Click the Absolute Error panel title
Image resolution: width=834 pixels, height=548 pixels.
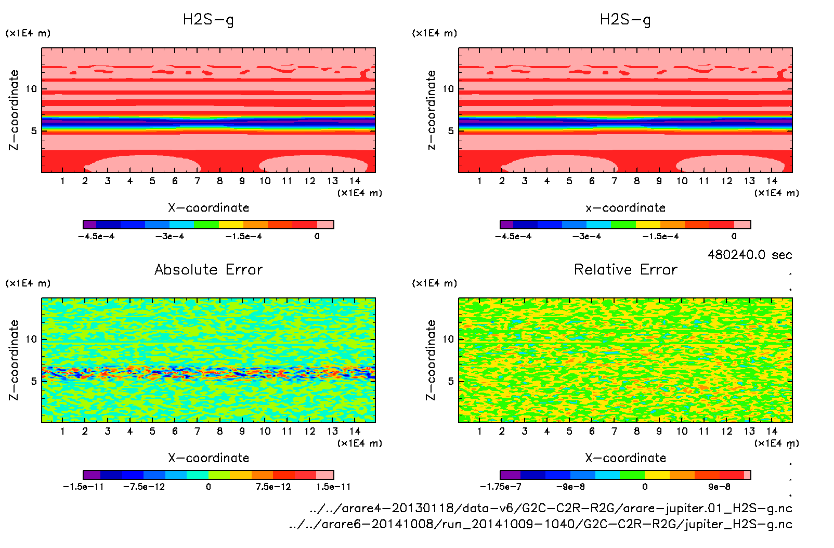(x=208, y=269)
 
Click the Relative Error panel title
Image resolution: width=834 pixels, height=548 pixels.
(x=625, y=269)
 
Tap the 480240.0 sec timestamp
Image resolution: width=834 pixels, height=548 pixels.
(x=749, y=255)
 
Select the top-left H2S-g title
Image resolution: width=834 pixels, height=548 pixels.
(x=208, y=20)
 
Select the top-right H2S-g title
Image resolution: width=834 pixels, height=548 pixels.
(x=625, y=20)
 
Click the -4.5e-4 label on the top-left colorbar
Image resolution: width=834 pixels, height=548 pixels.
(x=96, y=237)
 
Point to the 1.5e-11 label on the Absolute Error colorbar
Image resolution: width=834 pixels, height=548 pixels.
(x=333, y=487)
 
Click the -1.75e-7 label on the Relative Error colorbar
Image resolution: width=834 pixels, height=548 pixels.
(x=500, y=487)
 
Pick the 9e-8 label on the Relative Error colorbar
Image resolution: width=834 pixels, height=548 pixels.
(x=719, y=487)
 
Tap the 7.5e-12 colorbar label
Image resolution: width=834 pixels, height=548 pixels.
(x=273, y=487)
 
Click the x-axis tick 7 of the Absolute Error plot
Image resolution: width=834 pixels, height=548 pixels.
(x=197, y=431)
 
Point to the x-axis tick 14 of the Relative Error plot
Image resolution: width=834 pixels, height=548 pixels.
(x=772, y=431)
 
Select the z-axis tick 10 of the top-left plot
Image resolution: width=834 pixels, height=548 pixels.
(x=32, y=89)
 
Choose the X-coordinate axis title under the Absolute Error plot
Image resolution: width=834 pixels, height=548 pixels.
(x=208, y=458)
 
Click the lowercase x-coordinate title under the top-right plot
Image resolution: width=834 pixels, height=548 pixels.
(x=625, y=208)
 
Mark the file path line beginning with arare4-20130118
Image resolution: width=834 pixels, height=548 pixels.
(x=551, y=508)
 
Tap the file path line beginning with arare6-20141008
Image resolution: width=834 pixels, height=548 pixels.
(x=541, y=524)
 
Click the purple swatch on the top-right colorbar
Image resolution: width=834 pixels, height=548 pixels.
(x=506, y=225)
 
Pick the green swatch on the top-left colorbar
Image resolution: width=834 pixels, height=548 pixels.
(x=206, y=225)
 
